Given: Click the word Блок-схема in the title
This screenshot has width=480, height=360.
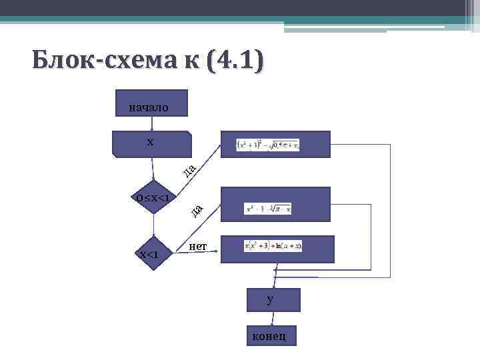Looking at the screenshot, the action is [106, 61].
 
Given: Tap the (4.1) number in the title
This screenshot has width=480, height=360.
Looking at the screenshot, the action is [235, 61].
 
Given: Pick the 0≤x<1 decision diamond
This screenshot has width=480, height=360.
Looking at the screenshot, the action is [153, 197].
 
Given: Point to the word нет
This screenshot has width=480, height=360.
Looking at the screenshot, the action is [198, 247].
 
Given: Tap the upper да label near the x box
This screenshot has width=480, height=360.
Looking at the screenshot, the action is [189, 171].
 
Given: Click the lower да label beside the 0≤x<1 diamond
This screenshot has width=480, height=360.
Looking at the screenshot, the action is [196, 211].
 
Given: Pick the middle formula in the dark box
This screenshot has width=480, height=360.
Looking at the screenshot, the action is [268, 209].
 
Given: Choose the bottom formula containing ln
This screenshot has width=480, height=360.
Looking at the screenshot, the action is [273, 246].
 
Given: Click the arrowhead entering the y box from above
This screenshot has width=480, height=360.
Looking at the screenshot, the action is [272, 285].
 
